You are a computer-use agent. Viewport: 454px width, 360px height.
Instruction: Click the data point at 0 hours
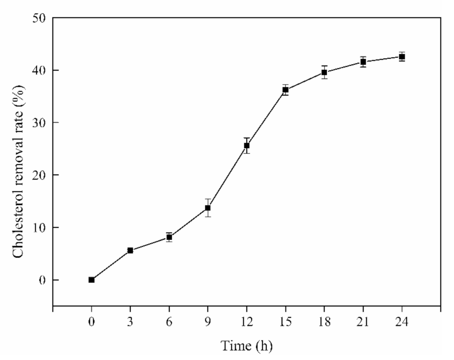click(x=91, y=280)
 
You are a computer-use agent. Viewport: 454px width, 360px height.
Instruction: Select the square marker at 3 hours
click(x=130, y=250)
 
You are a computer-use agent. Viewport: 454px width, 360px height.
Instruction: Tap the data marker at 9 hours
click(x=208, y=208)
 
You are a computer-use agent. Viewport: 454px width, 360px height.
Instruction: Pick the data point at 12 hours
click(x=247, y=146)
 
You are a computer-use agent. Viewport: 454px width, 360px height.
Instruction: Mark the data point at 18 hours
click(x=324, y=72)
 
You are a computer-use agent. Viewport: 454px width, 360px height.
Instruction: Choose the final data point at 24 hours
click(x=402, y=57)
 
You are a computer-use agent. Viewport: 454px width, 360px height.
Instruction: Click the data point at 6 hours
click(x=169, y=237)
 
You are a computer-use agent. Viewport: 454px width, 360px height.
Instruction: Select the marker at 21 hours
click(x=363, y=62)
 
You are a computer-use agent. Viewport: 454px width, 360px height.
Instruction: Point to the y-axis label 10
click(x=38, y=228)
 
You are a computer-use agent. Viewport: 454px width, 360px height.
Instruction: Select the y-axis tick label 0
click(x=41, y=280)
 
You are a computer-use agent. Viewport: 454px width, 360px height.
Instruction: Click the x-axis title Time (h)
click(x=247, y=346)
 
